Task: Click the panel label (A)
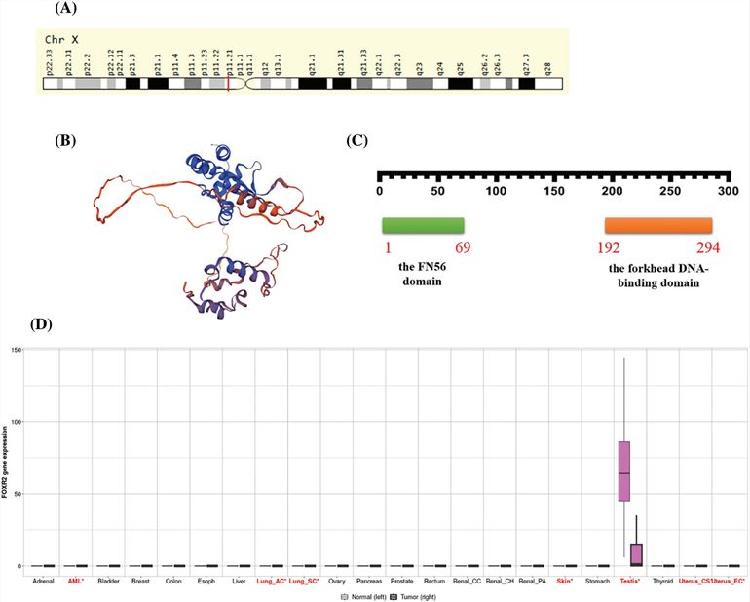click(97, 11)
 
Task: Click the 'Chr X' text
click(65, 39)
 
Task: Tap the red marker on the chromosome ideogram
click(228, 85)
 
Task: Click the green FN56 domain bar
click(422, 225)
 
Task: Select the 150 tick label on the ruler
click(555, 191)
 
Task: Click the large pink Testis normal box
click(623, 470)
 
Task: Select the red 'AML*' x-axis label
click(75, 580)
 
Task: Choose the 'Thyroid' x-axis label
click(663, 580)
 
